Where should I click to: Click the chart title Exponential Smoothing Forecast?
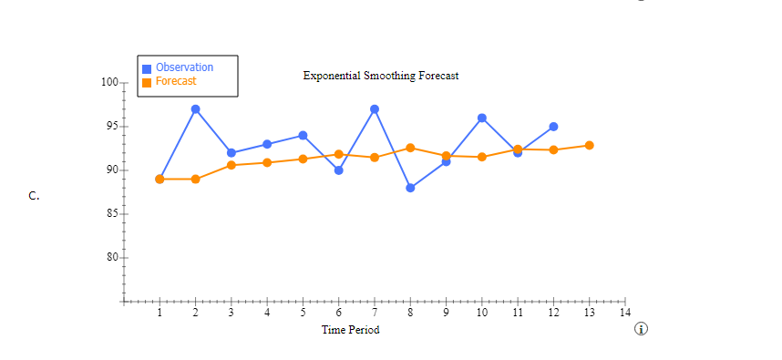coord(381,76)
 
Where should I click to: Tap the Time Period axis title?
coord(351,330)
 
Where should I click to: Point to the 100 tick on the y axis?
coord(110,83)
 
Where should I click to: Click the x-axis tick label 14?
coord(624,313)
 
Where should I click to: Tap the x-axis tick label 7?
coord(375,313)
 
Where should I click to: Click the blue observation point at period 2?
coord(196,109)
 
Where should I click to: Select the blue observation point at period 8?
coord(410,188)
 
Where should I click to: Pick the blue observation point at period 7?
coord(375,109)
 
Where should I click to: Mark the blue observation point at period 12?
coord(553,127)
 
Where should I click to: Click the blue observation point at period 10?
coord(482,118)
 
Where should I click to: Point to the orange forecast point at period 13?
coord(590,145)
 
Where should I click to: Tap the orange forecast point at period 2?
coord(196,179)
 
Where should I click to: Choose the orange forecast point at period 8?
coord(410,148)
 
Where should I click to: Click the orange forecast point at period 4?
coord(267,162)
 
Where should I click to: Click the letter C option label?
coord(34,195)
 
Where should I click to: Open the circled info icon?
coord(642,328)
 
